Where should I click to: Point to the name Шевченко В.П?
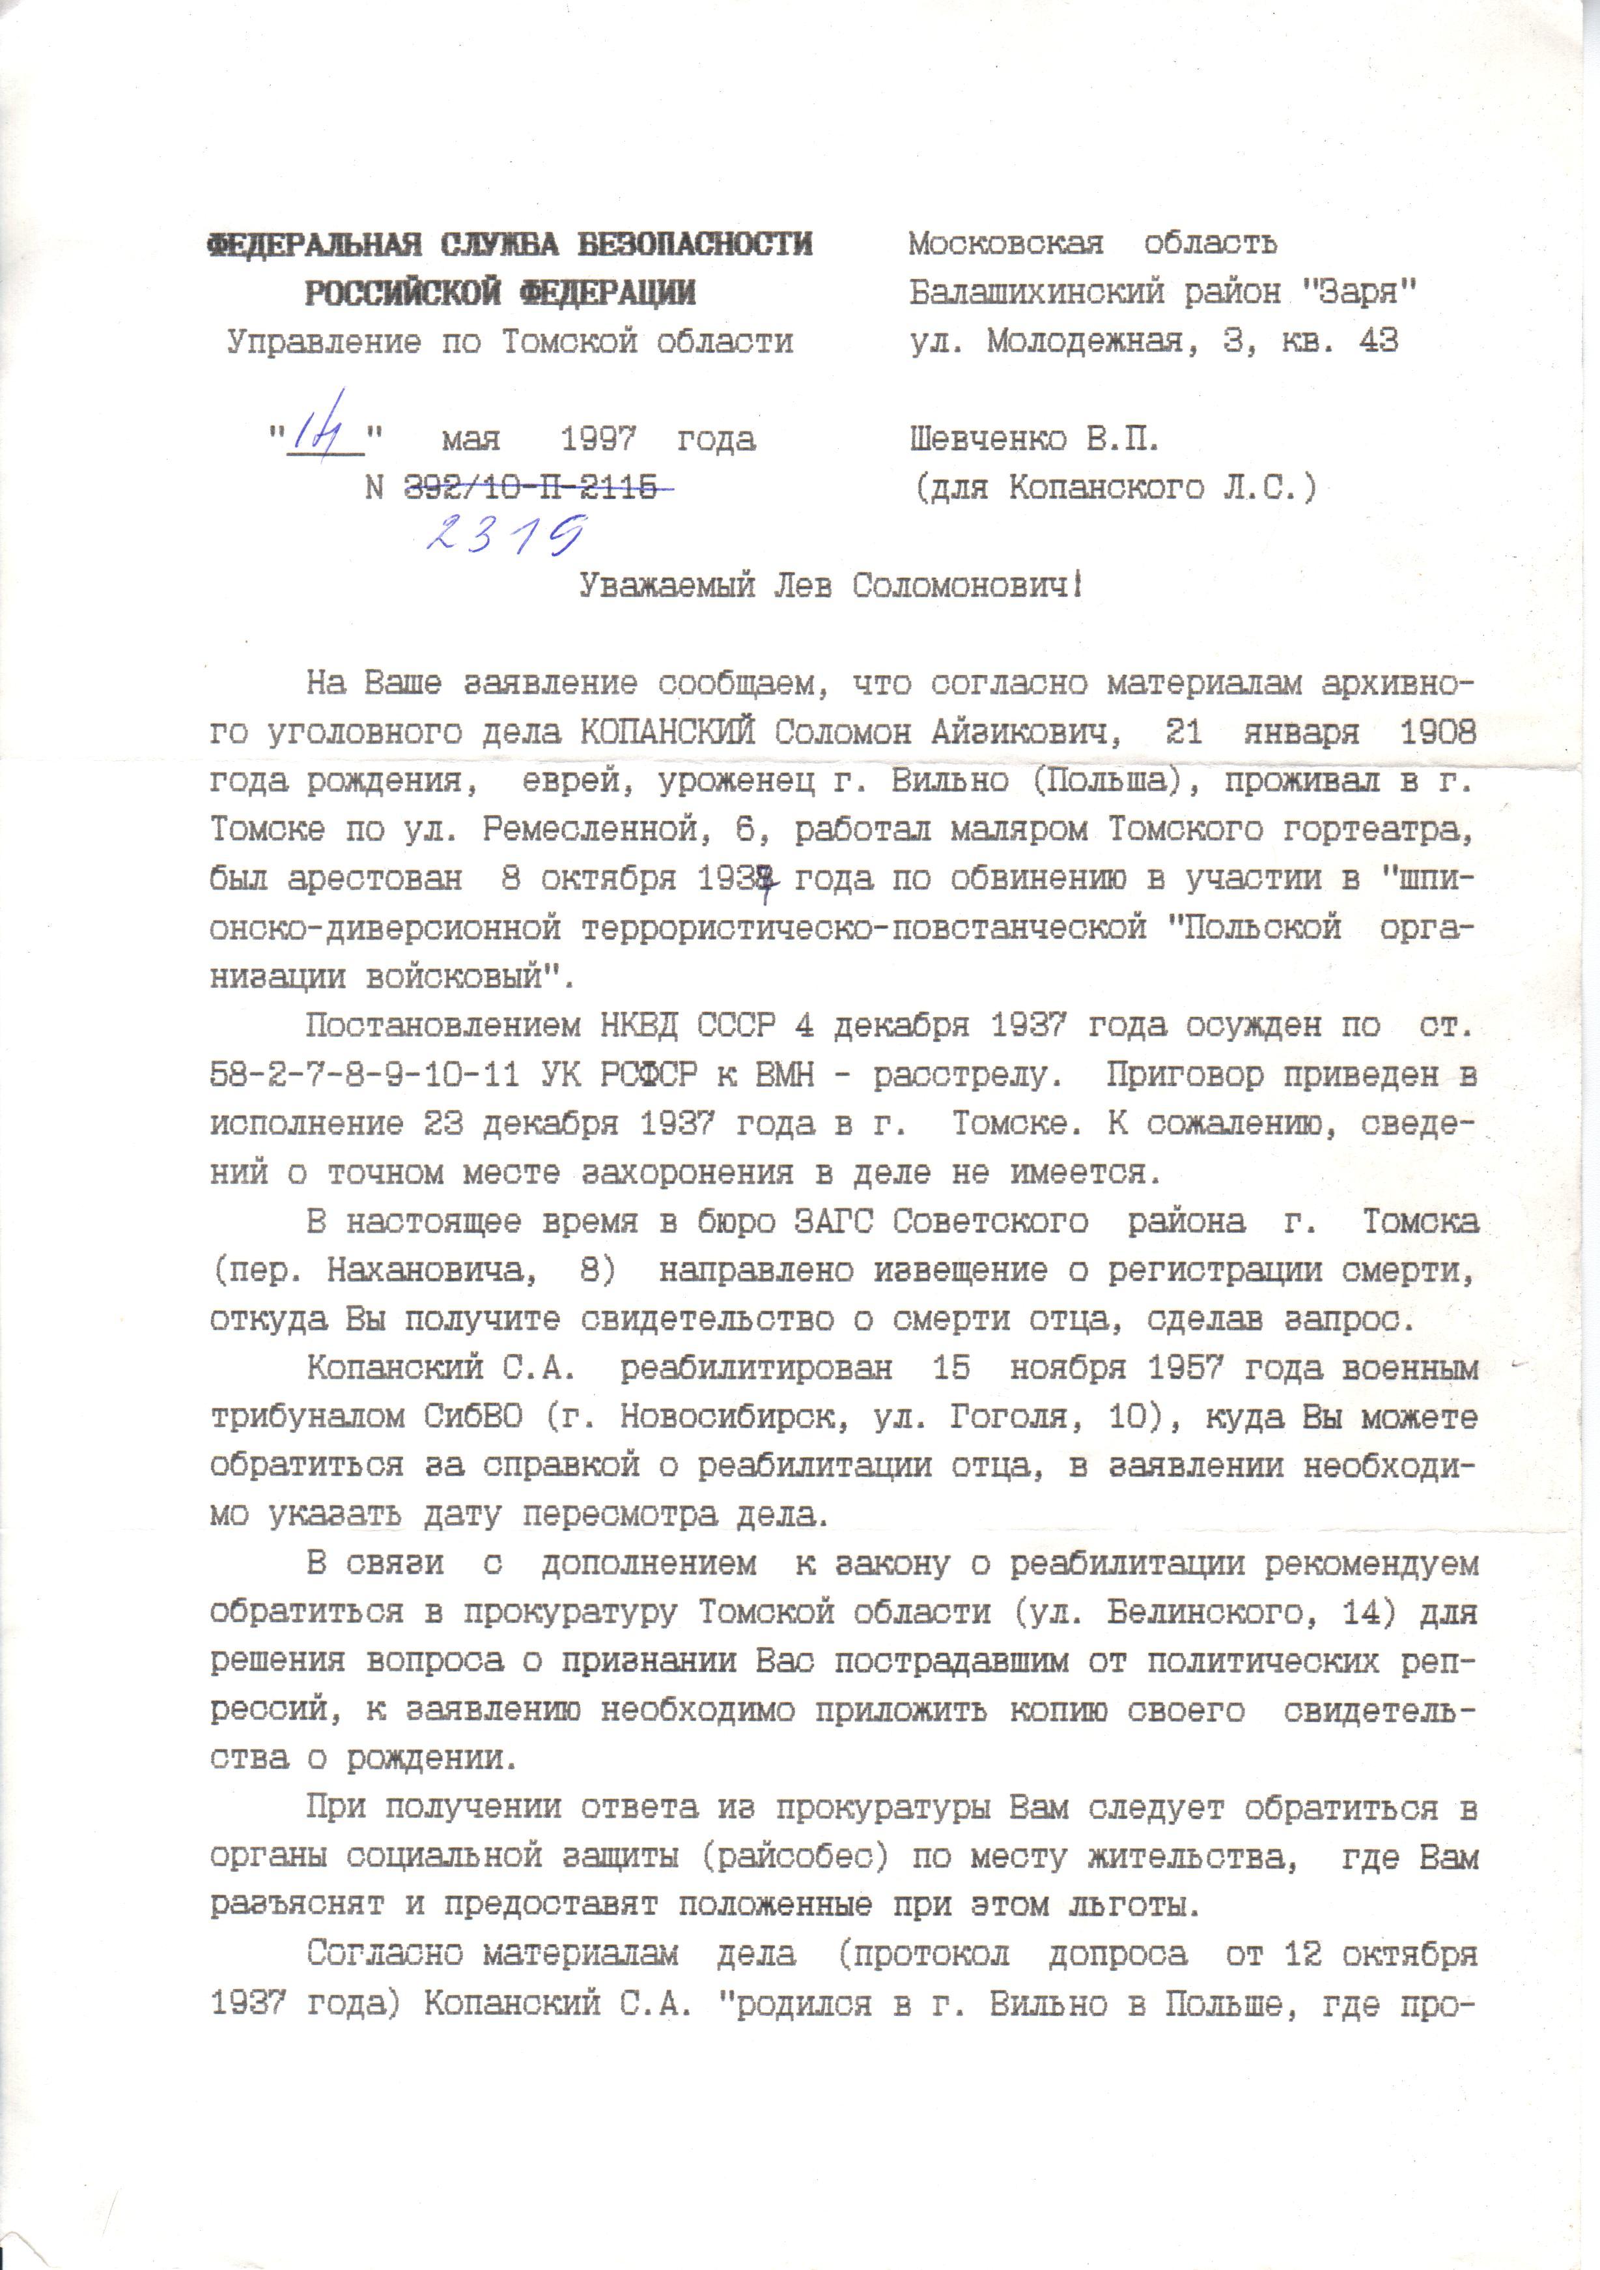click(x=1033, y=438)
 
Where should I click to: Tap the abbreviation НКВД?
click(x=638, y=1026)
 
